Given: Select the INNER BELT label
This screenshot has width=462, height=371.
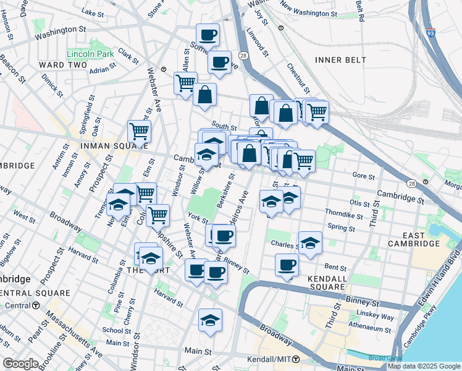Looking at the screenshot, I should (340, 60).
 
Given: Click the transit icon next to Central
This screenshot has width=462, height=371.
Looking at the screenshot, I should (36, 305).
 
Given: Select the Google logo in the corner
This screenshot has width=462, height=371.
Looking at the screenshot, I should (20, 364).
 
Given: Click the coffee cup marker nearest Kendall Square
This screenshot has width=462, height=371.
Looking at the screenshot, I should (287, 265).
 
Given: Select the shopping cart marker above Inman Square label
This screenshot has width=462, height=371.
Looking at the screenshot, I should (140, 130).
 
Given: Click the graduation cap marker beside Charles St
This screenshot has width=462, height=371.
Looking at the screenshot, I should (310, 242).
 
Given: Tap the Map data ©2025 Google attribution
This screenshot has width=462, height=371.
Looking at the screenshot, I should (424, 366).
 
